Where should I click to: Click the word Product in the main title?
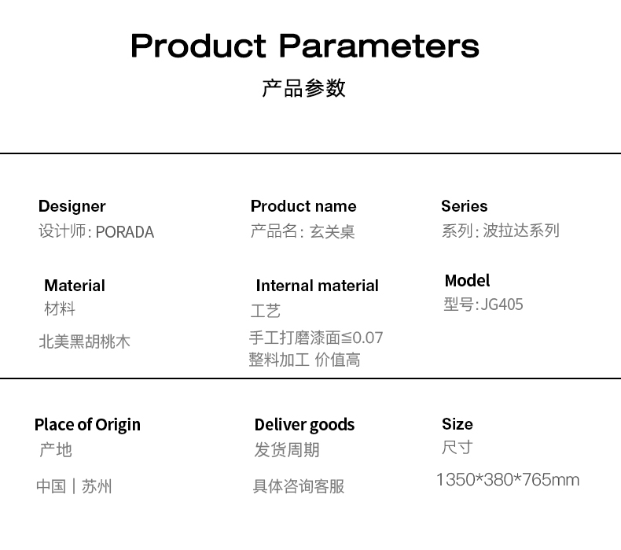tap(198, 46)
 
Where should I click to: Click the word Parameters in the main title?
tap(379, 46)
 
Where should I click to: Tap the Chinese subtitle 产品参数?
tap(303, 88)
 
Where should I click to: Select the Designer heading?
tap(72, 206)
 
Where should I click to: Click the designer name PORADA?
tap(125, 232)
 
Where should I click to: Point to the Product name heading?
tap(303, 206)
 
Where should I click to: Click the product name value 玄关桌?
tap(332, 231)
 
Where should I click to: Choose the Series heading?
tap(464, 206)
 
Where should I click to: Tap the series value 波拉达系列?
tap(521, 231)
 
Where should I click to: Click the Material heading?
tap(75, 286)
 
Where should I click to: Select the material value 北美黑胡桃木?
tap(84, 341)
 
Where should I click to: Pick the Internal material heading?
tap(318, 286)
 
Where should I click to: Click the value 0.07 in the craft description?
tap(368, 338)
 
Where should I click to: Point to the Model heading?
tap(468, 280)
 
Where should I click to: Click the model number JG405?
tap(502, 305)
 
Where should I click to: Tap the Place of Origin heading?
tap(87, 425)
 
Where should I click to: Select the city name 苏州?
tap(97, 486)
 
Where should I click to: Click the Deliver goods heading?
tap(304, 425)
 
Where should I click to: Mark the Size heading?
tap(457, 424)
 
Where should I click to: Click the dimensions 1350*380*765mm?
tap(508, 480)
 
